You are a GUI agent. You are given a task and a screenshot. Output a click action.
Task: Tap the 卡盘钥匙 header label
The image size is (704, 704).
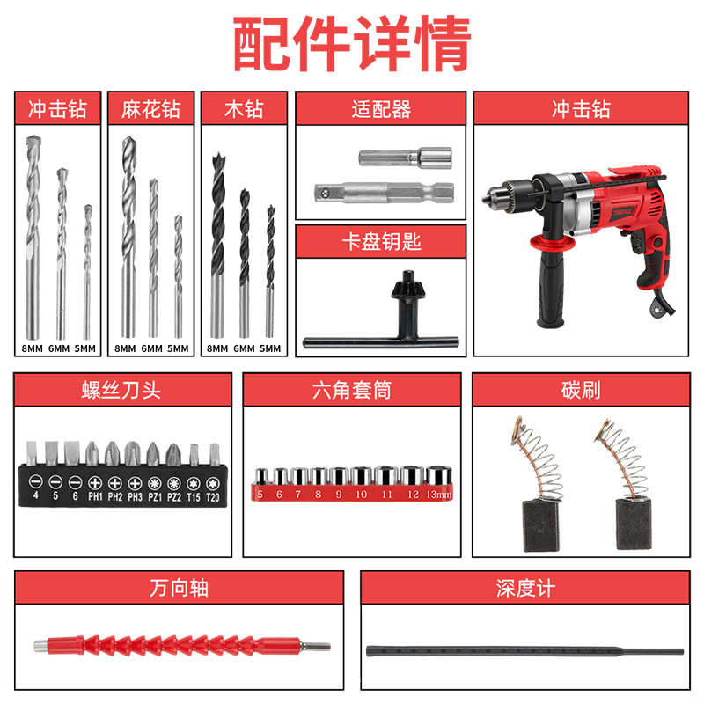pyautogui.click(x=380, y=241)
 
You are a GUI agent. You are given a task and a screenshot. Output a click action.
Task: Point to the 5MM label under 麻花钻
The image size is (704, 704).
pyautogui.click(x=178, y=348)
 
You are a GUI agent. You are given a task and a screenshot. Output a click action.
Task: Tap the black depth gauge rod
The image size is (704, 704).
pyautogui.click(x=524, y=651)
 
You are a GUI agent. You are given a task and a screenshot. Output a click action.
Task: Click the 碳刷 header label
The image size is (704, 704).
pyautogui.click(x=580, y=389)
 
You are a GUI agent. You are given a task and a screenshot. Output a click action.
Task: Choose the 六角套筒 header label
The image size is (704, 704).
pyautogui.click(x=352, y=389)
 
